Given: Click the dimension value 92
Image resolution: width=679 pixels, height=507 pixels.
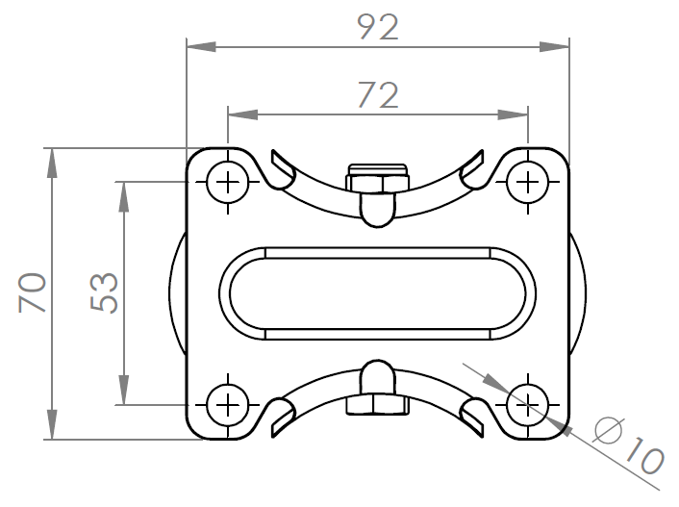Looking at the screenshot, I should pyautogui.click(x=377, y=27).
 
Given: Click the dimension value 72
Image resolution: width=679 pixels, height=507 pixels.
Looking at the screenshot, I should pyautogui.click(x=377, y=94).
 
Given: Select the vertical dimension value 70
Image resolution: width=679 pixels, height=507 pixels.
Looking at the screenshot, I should pyautogui.click(x=33, y=292).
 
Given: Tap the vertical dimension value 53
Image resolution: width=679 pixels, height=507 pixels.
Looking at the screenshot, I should pyautogui.click(x=103, y=292).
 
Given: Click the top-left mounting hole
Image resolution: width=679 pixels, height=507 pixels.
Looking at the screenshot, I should pyautogui.click(x=227, y=181).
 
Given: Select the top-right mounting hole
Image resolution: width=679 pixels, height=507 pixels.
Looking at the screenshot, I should pyautogui.click(x=528, y=181).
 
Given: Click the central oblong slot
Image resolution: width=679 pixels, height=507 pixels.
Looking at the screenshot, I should pyautogui.click(x=377, y=293).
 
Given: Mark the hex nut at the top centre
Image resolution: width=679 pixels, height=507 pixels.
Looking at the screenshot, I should pyautogui.click(x=377, y=181).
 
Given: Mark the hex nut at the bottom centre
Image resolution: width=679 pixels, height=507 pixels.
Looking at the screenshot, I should pyautogui.click(x=377, y=405).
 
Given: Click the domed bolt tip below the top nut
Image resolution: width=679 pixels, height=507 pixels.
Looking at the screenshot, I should pyautogui.click(x=377, y=209).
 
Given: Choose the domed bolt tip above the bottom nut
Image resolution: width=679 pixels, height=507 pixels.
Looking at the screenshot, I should pyautogui.click(x=377, y=376).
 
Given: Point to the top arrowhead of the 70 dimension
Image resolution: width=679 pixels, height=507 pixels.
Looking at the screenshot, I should pyautogui.click(x=50, y=157).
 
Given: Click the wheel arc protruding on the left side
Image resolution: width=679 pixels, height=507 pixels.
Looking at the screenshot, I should pyautogui.click(x=177, y=293).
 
